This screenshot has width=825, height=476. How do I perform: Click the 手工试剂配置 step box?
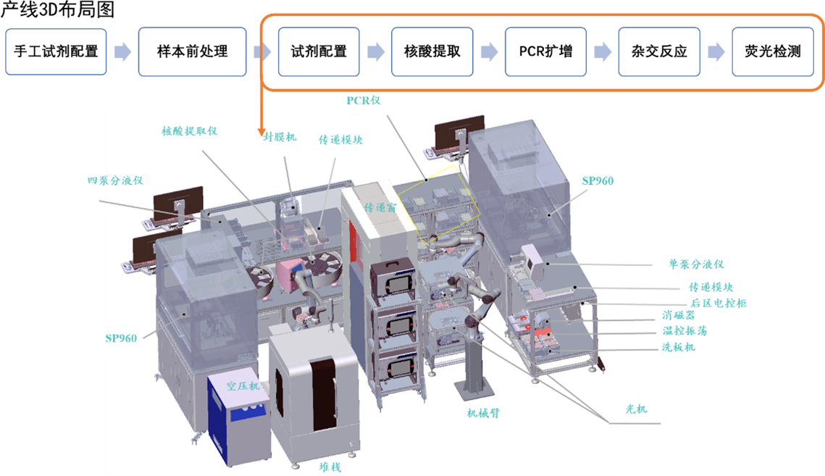56,51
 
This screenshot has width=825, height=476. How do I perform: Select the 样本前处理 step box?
192,51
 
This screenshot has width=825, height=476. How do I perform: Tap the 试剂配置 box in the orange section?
319,51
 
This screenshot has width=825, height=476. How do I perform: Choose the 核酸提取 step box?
432,51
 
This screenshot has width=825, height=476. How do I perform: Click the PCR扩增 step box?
545,51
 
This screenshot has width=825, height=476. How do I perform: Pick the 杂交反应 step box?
658,51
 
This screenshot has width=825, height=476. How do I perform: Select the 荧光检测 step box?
772,51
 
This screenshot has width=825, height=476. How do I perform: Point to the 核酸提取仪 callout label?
189,131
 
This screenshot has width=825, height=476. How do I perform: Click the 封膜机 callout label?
280,138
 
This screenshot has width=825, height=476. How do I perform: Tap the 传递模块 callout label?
340,139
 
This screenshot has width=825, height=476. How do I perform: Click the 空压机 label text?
243,385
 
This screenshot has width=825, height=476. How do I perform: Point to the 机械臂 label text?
483,413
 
